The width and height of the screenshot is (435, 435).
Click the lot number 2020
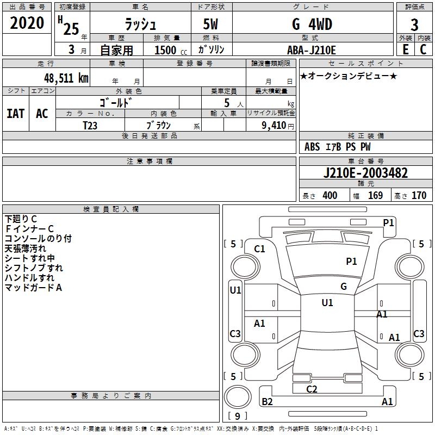pos(27,23)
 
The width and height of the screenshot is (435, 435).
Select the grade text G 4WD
pos(312,24)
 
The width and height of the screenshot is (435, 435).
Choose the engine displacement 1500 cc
pos(166,50)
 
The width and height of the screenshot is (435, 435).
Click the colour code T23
pos(90,125)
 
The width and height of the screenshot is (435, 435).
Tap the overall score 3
pos(414,24)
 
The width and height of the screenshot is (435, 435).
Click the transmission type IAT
pos(16,113)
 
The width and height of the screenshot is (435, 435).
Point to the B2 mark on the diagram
pos(267,401)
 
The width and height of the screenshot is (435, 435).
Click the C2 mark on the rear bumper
pos(312,389)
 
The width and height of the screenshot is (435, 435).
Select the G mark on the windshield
pos(343,286)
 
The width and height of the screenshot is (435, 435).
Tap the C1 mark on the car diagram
pos(259,248)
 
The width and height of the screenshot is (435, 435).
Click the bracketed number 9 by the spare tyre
pos(237,416)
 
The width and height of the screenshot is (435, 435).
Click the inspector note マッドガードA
pos(33,288)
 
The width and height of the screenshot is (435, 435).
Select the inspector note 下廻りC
pos(21,219)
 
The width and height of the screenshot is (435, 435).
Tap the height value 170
pos(419,196)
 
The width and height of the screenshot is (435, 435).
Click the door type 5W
pos(212,24)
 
